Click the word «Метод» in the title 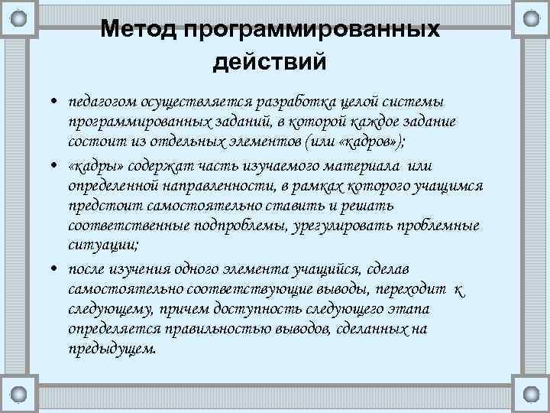pos(138,29)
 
